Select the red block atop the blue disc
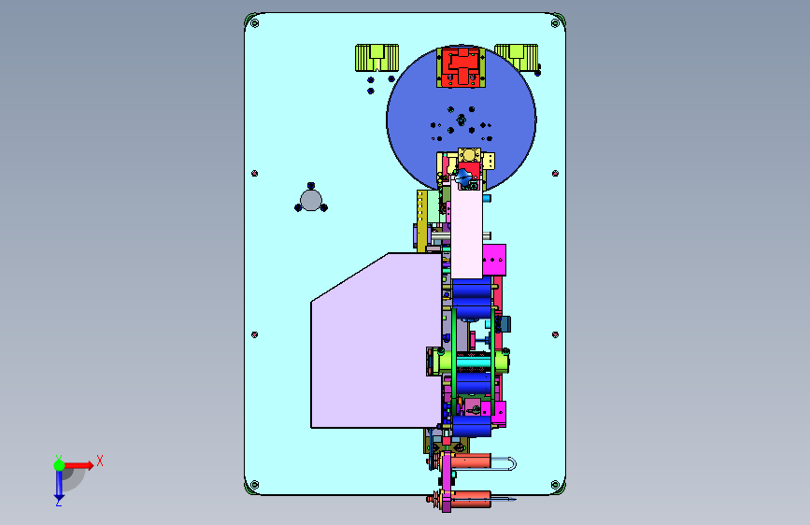click(461, 67)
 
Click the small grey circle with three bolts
click(311, 201)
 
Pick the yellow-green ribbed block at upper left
click(377, 57)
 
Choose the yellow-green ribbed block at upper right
click(517, 56)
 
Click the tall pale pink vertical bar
click(466, 227)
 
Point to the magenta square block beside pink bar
click(494, 260)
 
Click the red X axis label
click(100, 461)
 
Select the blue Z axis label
click(58, 502)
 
